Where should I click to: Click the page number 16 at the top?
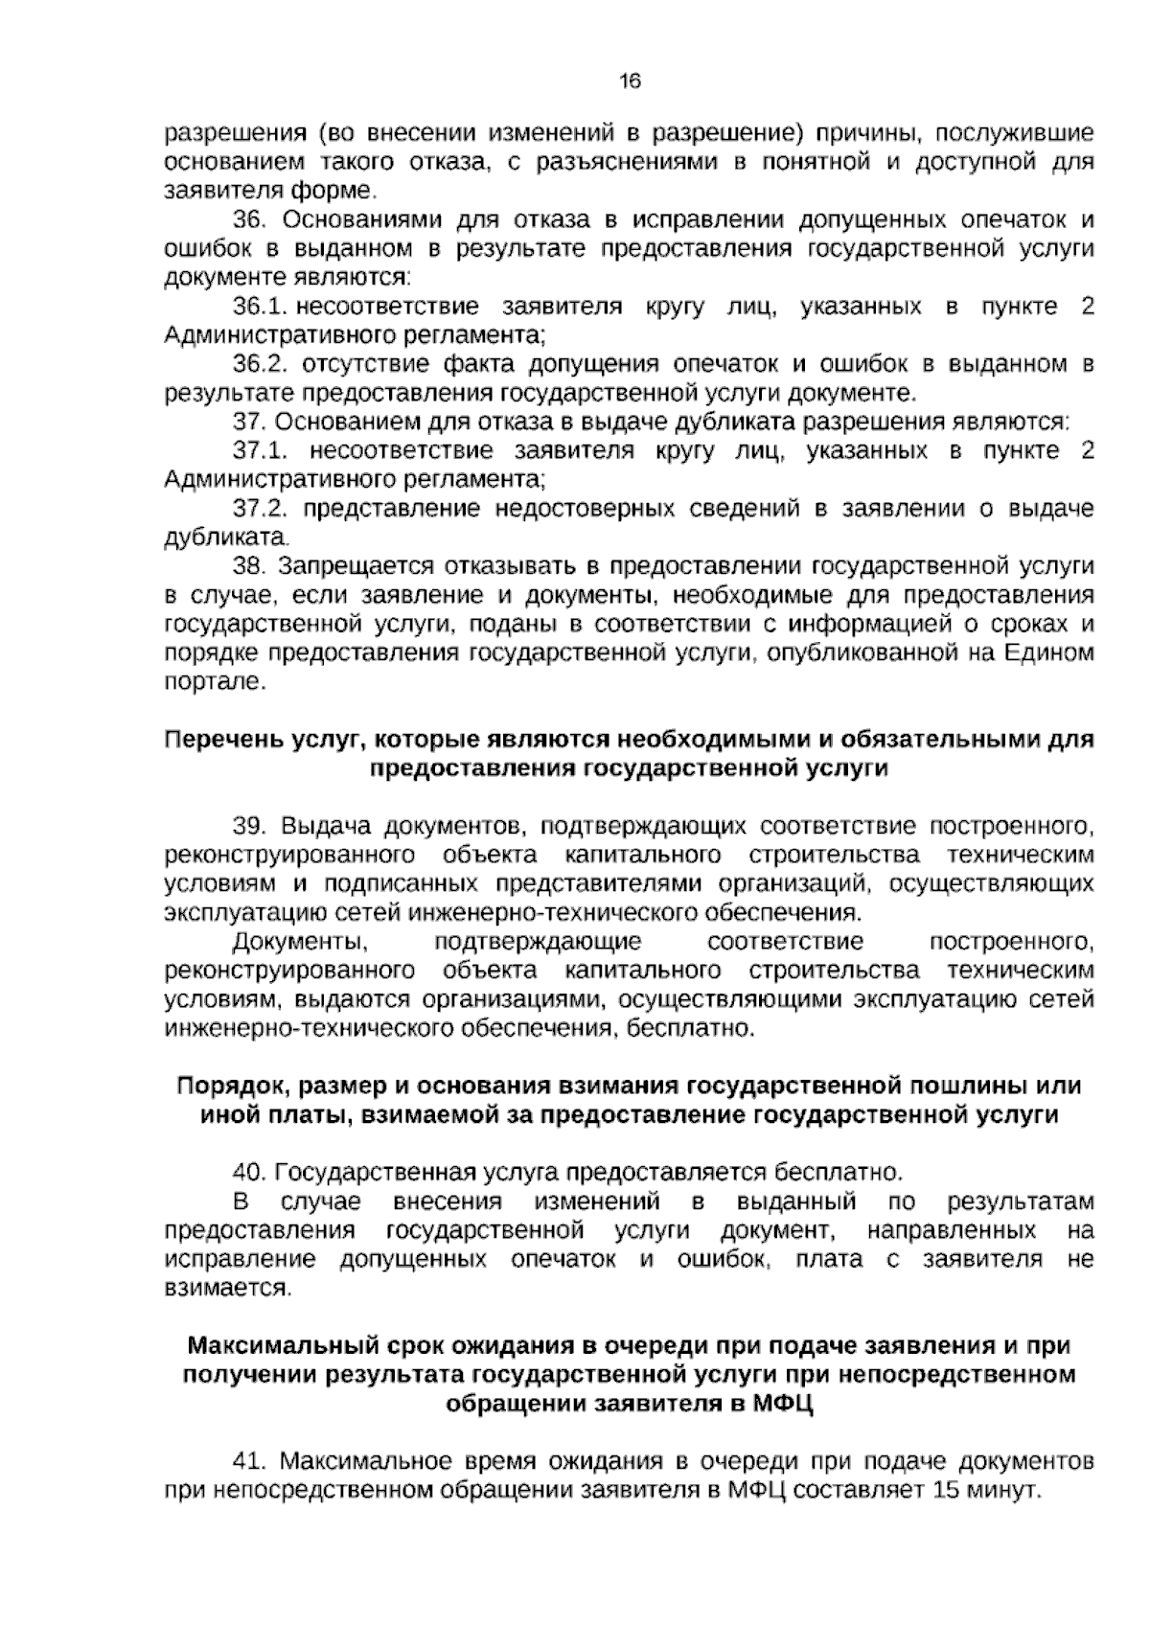[x=630, y=82]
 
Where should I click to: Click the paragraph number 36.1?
[x=262, y=308]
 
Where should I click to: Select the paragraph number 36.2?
[x=262, y=365]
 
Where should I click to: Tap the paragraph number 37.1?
[x=262, y=451]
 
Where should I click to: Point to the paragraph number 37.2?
[x=262, y=509]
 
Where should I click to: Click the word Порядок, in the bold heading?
[x=234, y=1087]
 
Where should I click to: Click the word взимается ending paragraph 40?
[x=226, y=1289]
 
